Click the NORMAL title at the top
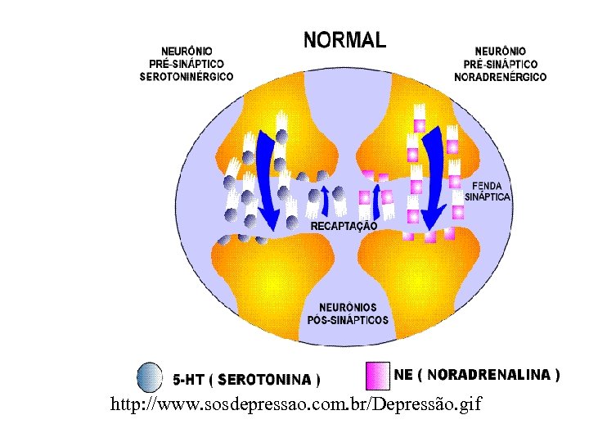tap(344, 38)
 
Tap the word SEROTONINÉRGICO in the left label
tap(186, 76)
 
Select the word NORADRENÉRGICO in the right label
tap(501, 77)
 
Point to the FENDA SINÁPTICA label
tap(488, 191)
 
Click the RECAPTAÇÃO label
tap(344, 224)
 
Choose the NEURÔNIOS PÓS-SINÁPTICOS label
tap(348, 314)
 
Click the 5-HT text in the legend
tap(187, 380)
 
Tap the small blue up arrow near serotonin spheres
tap(324, 199)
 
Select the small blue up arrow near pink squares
tap(375, 197)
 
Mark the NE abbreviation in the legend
tap(403, 375)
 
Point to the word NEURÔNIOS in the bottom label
tap(348, 309)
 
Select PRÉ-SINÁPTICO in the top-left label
tap(186, 64)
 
